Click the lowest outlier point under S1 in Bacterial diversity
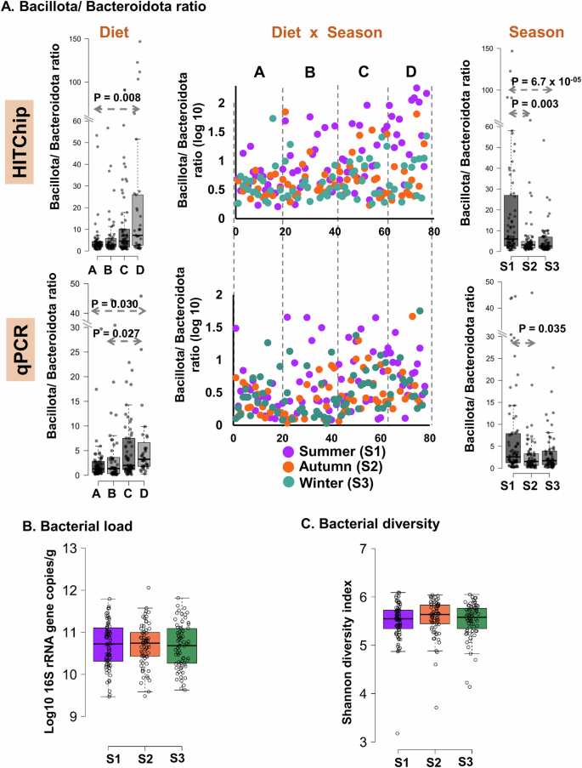coord(398,732)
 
